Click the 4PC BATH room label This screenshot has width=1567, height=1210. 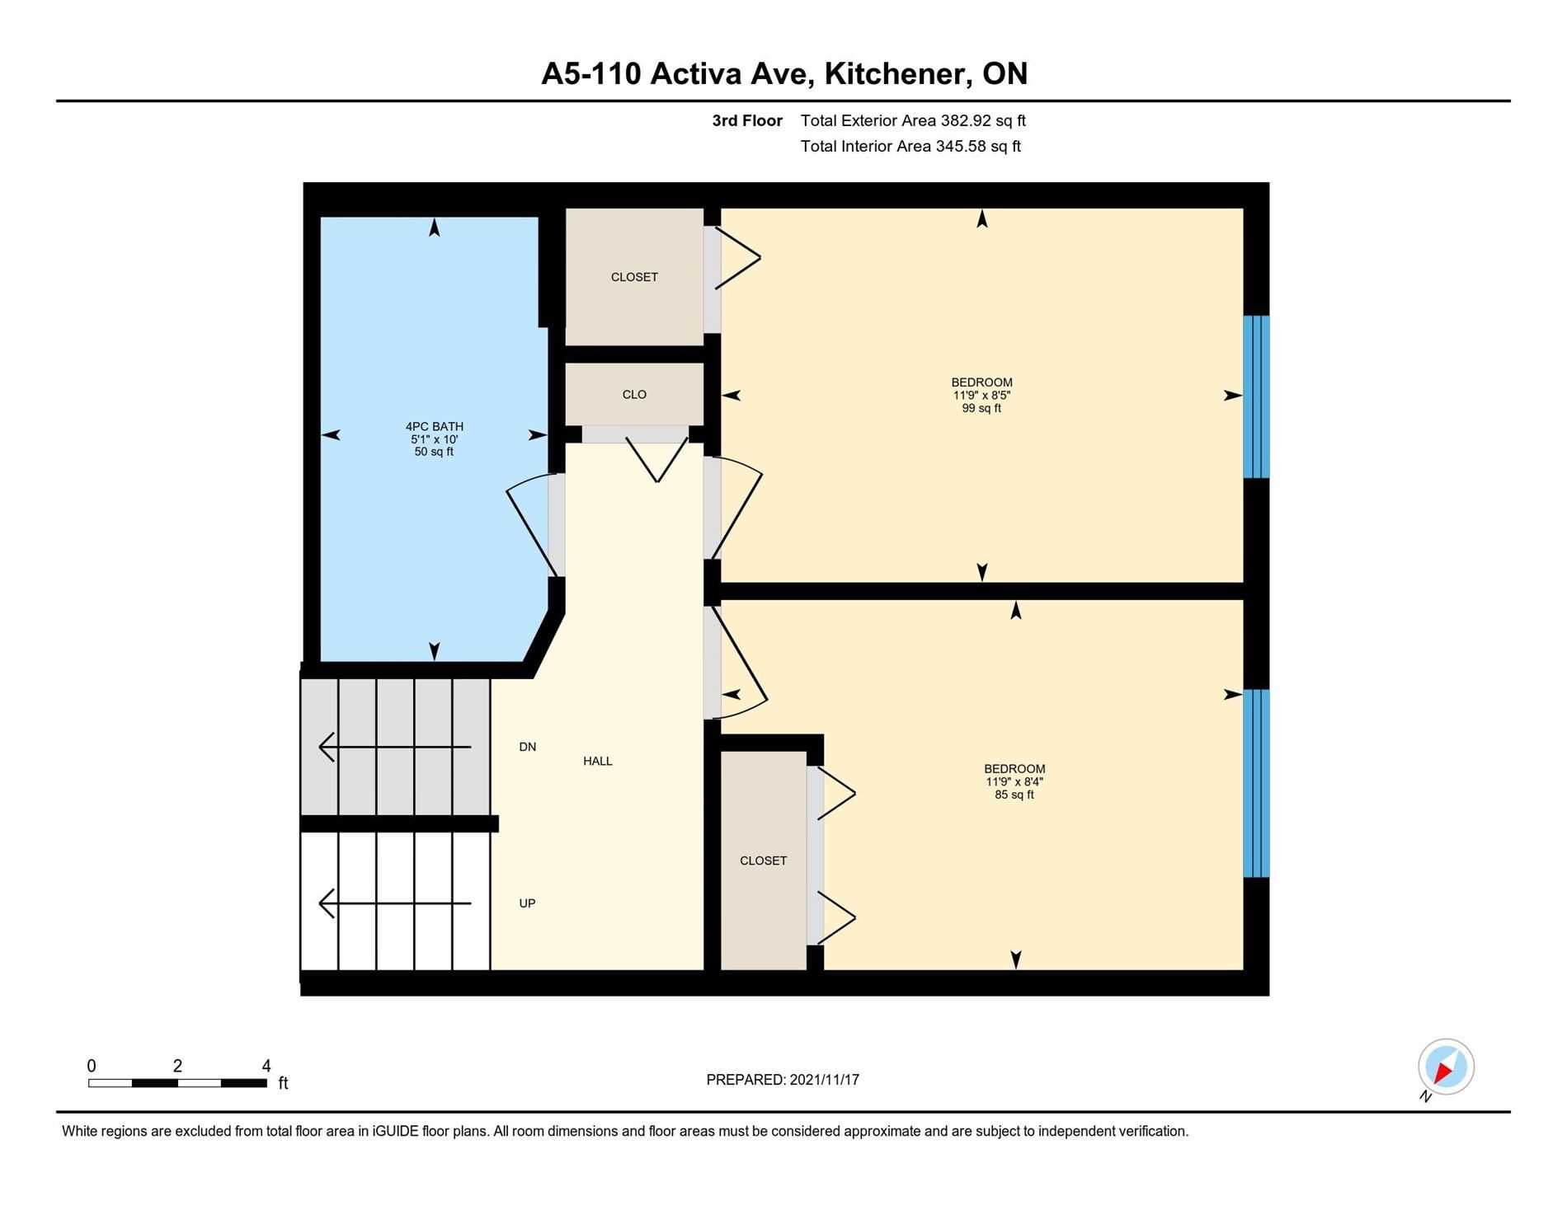(x=434, y=426)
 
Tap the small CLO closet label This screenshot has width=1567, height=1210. (x=634, y=394)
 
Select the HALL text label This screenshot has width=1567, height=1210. (x=598, y=761)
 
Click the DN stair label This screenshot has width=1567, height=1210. (x=528, y=747)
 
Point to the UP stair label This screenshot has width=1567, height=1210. (x=528, y=903)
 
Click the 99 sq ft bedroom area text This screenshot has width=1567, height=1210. (x=981, y=408)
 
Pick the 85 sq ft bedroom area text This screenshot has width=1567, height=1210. (x=1014, y=795)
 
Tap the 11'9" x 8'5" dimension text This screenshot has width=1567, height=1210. (x=981, y=395)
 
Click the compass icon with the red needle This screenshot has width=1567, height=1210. (x=1446, y=1067)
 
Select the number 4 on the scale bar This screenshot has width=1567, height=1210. (x=266, y=1066)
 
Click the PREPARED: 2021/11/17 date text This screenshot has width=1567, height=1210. (x=783, y=1080)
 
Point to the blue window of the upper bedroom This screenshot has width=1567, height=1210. (x=1256, y=396)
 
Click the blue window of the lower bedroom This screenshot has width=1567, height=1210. (x=1256, y=783)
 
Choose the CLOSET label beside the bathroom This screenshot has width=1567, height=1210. (x=634, y=277)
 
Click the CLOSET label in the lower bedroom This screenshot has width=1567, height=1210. (x=763, y=861)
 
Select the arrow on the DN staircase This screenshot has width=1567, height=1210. (x=395, y=747)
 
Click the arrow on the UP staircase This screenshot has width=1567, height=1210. (x=395, y=903)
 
